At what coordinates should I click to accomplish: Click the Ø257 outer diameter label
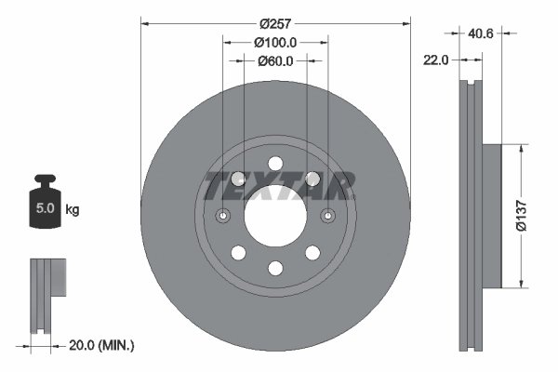coord(275,22)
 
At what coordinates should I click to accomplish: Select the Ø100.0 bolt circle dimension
coord(275,42)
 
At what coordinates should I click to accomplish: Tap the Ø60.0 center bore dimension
coord(275,61)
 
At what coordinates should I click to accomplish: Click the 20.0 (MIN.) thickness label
coord(103,345)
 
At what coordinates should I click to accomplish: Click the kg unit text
coord(73,209)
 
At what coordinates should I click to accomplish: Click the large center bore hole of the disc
coord(275,216)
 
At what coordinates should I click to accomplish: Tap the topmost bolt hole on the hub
coord(275,164)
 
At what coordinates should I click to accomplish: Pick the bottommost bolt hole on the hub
coord(275,268)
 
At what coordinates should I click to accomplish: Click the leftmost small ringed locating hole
coord(223,216)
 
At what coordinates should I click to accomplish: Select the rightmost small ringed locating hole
coord(327,216)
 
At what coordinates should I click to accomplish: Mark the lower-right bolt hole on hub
coord(312,253)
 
